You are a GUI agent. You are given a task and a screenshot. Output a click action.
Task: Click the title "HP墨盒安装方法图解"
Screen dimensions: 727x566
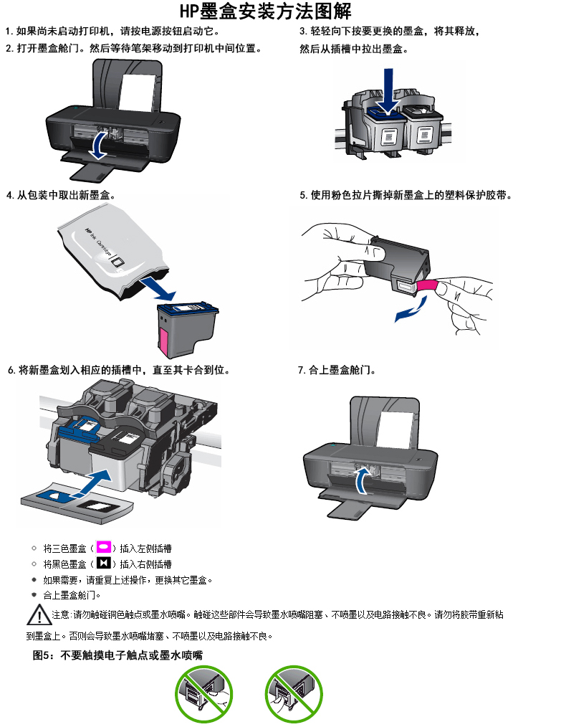(x=266, y=11)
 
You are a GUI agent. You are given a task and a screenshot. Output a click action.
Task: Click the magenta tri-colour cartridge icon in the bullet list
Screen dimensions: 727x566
(x=103, y=548)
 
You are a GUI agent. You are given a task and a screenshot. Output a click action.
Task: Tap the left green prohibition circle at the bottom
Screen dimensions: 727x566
(x=204, y=693)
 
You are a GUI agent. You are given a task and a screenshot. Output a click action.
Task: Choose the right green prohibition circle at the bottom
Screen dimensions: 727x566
(x=294, y=693)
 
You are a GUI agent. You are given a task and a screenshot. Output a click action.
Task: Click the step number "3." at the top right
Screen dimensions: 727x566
(x=304, y=32)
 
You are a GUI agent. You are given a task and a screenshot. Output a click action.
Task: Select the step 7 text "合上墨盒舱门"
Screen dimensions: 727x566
(x=342, y=371)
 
